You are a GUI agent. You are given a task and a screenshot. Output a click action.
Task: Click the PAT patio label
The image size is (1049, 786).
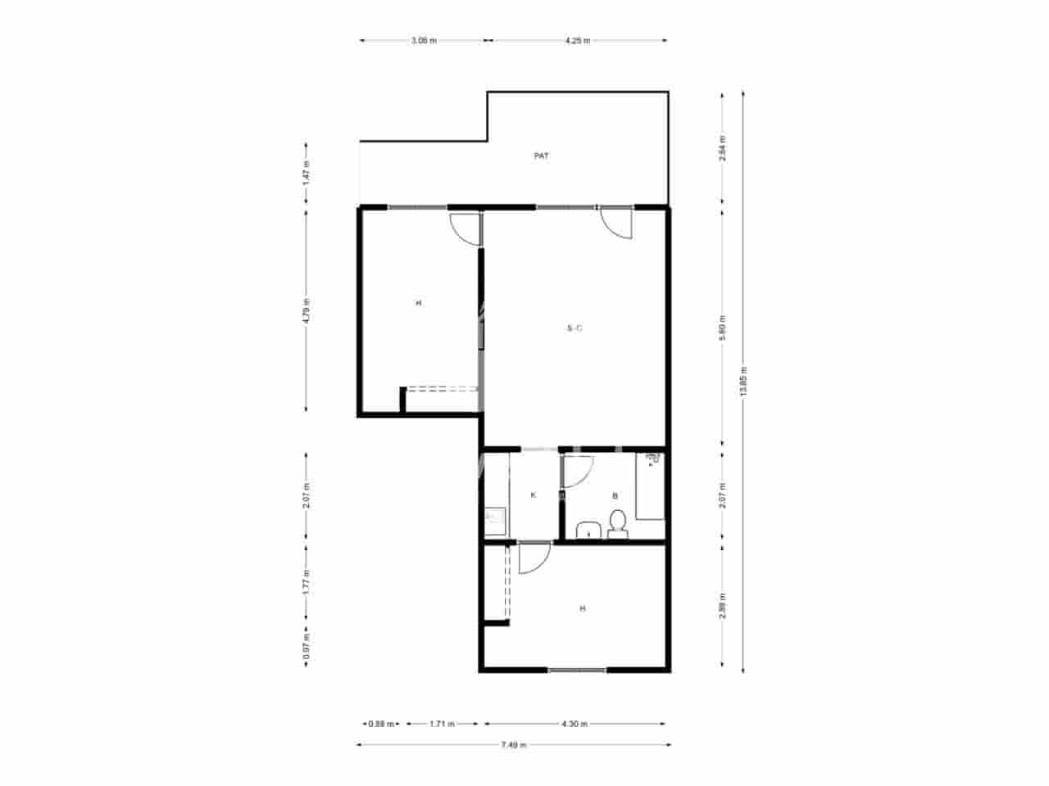pyautogui.click(x=541, y=156)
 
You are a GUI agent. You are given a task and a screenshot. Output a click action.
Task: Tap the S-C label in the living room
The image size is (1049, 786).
pyautogui.click(x=574, y=329)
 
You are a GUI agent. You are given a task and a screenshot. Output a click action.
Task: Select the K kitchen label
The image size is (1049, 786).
pyautogui.click(x=534, y=495)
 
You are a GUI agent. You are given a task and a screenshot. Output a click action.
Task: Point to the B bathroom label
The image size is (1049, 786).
pyautogui.click(x=615, y=495)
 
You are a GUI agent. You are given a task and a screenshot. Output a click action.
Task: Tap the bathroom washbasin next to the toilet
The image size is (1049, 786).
pyautogui.click(x=588, y=531)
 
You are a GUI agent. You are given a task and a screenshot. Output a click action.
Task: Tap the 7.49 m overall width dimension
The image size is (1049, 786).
pyautogui.click(x=514, y=745)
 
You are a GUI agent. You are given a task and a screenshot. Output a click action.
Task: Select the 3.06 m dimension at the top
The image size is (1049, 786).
pyautogui.click(x=424, y=40)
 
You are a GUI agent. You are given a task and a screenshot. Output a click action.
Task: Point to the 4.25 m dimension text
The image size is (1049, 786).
pyautogui.click(x=578, y=40)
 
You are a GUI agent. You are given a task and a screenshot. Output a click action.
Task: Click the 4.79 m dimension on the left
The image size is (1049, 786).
pyautogui.click(x=307, y=309)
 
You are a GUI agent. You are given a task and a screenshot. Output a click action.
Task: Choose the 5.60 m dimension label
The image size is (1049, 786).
pyautogui.click(x=721, y=327)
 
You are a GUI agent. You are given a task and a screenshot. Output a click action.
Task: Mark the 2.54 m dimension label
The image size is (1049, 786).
pyautogui.click(x=721, y=148)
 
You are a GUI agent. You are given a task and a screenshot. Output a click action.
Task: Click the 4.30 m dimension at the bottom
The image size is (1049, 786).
pyautogui.click(x=574, y=724)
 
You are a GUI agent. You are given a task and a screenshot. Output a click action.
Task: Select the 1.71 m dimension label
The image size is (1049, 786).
pyautogui.click(x=442, y=724)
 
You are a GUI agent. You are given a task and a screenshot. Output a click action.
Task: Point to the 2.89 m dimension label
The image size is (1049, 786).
pyautogui.click(x=721, y=605)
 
